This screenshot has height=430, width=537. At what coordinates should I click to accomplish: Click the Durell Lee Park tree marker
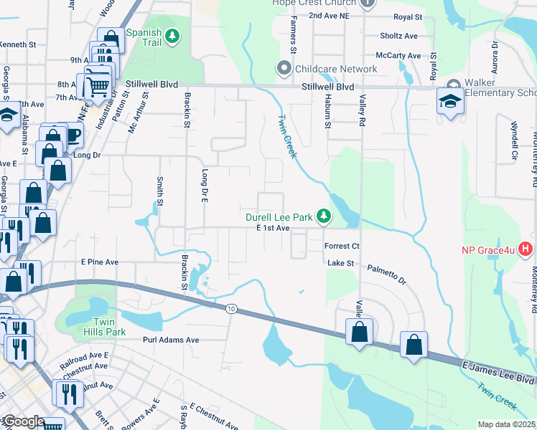tap(324, 215)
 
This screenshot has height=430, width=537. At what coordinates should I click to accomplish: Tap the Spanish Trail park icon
tap(172, 36)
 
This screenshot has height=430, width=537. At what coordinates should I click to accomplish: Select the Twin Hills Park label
tap(106, 327)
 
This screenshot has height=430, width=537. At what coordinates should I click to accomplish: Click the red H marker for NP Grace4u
tap(526, 250)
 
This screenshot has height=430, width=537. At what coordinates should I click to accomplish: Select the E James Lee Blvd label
tap(498, 372)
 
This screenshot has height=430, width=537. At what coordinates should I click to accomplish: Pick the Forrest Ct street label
tap(341, 245)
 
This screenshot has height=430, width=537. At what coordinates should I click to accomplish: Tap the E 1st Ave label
tap(272, 227)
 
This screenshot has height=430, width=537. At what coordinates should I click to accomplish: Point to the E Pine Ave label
tap(99, 262)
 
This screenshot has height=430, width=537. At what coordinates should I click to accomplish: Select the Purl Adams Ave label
tap(170, 340)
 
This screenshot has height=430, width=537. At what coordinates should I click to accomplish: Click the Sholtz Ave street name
tap(398, 36)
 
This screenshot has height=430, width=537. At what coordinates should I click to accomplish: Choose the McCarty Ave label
tap(398, 56)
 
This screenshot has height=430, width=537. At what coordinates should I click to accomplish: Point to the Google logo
tap(23, 421)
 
